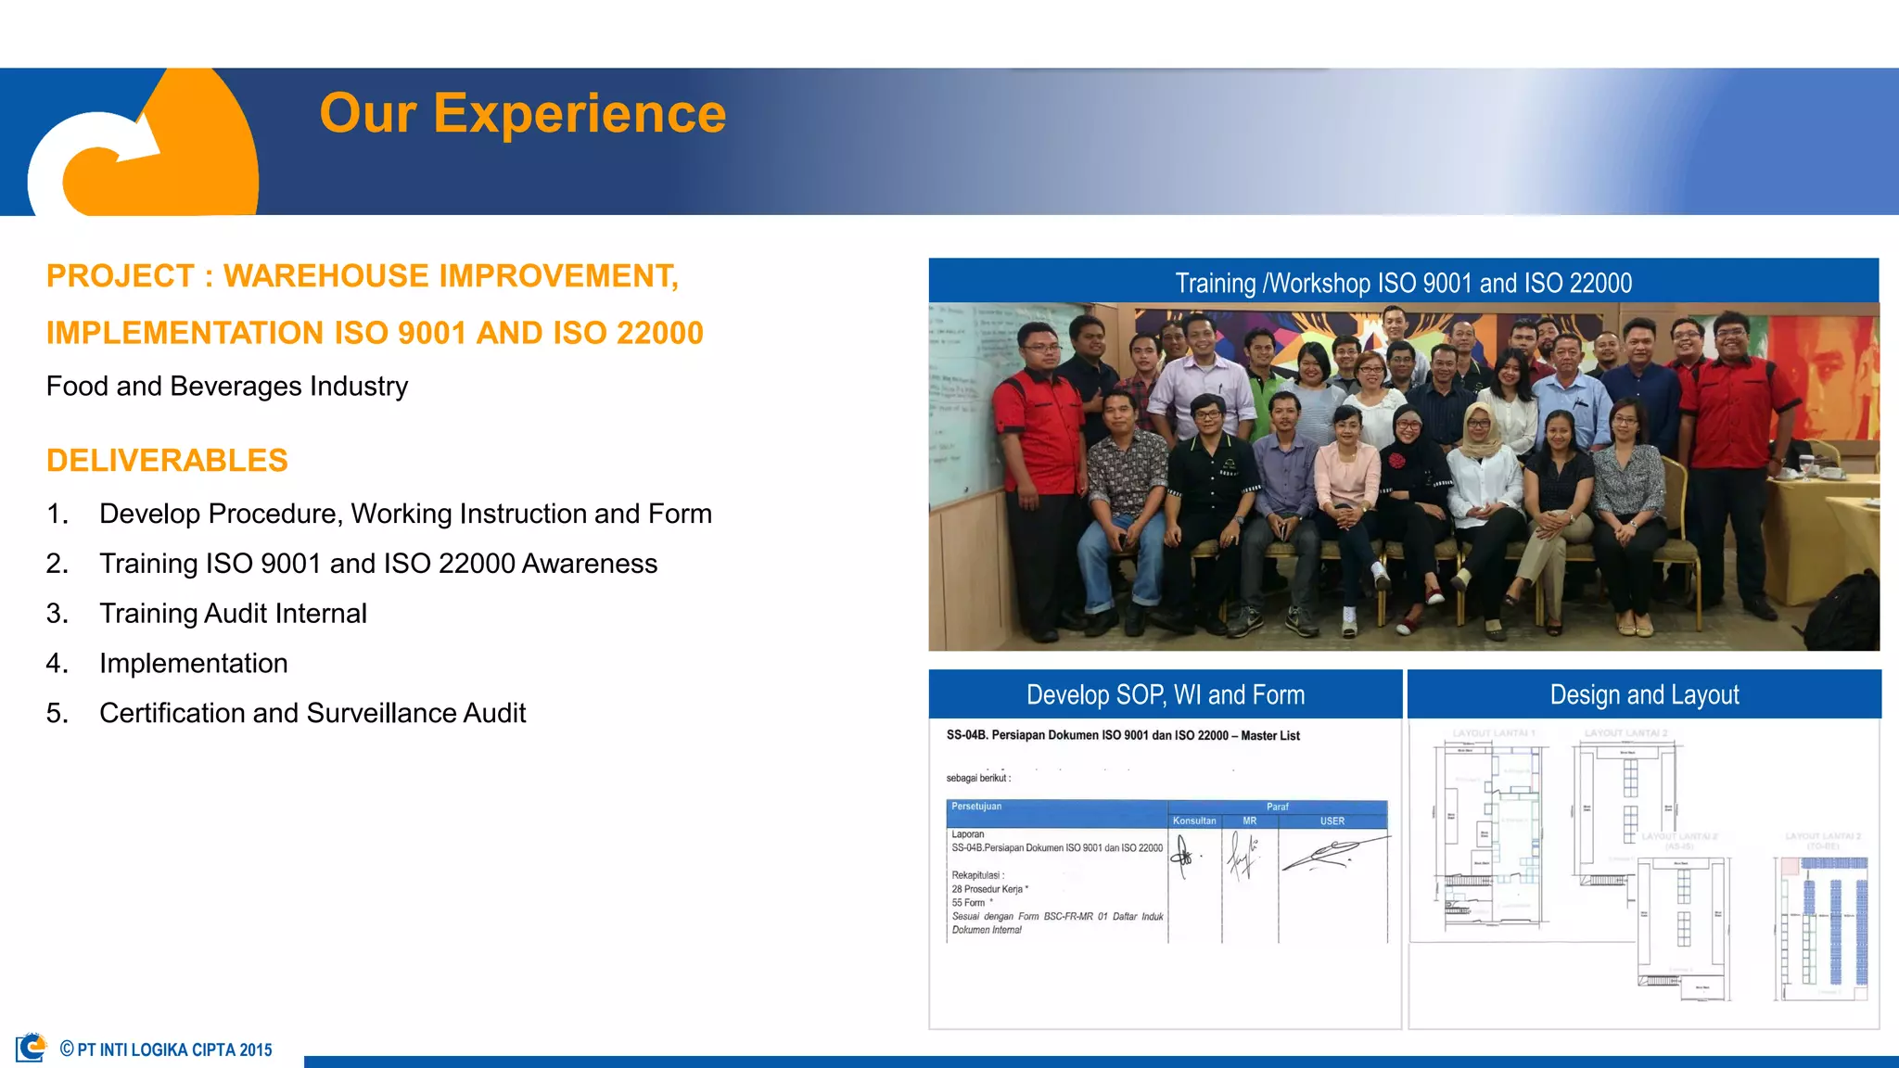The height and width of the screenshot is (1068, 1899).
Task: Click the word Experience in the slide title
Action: [x=580, y=114]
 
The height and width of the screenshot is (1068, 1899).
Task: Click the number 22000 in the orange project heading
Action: [x=659, y=333]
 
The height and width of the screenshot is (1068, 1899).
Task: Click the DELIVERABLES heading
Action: [x=167, y=461]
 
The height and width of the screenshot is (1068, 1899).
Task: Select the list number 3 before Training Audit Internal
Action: [x=57, y=614]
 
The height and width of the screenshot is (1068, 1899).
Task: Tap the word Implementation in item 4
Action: [x=193, y=664]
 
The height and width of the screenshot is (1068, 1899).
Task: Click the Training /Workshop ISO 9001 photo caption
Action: [x=1403, y=283]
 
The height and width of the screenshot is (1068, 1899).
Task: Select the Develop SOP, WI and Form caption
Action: [x=1165, y=694]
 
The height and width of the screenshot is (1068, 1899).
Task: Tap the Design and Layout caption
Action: [x=1644, y=694]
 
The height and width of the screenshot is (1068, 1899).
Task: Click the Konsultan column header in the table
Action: [x=1193, y=821]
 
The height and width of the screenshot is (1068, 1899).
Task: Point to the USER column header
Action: [x=1332, y=821]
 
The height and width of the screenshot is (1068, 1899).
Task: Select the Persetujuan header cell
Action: [x=976, y=807]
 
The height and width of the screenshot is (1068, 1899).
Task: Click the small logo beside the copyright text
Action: [x=31, y=1048]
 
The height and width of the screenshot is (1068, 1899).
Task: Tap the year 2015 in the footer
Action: [x=256, y=1050]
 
